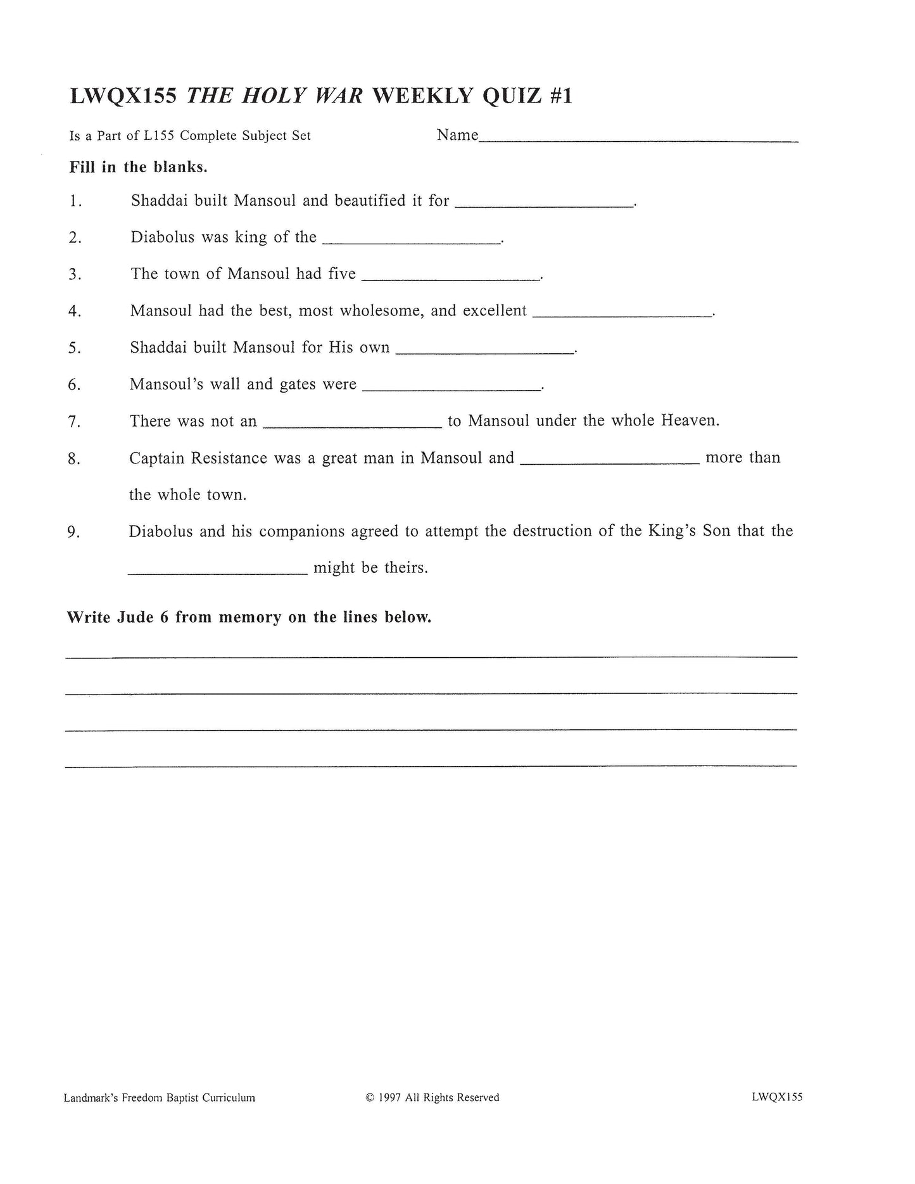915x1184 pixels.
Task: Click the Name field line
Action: click(638, 139)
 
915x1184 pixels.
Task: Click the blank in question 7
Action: click(352, 425)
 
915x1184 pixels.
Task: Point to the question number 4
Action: click(75, 312)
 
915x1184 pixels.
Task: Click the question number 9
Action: click(73, 532)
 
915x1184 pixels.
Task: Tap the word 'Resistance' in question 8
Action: click(229, 458)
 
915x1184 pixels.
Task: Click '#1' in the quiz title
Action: click(557, 96)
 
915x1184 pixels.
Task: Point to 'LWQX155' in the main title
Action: click(123, 96)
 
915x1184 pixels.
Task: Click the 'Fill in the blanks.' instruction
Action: click(139, 168)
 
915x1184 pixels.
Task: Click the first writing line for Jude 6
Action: click(431, 656)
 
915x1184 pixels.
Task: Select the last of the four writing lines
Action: click(431, 765)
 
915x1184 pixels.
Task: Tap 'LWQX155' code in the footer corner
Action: click(777, 1097)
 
